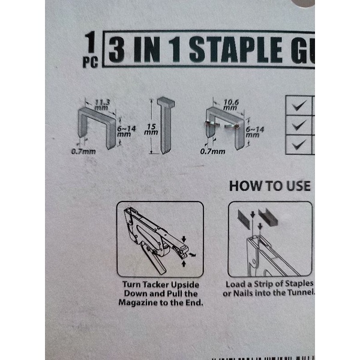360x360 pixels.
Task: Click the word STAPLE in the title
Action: coord(236,50)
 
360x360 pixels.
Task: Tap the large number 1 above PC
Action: coord(91,43)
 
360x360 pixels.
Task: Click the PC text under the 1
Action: coord(90,62)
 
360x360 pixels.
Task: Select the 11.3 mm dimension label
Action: coord(102,104)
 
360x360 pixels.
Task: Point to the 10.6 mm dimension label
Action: coord(230,104)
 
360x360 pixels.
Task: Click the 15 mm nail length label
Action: coord(151,129)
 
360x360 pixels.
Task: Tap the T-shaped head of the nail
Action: coord(166,103)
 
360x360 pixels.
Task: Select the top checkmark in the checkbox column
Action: coord(299,106)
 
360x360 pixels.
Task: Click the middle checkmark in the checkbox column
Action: coord(299,125)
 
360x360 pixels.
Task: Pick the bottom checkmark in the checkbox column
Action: coord(299,145)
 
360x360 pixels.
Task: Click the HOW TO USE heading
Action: coord(270,186)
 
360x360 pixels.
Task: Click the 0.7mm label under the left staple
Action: coord(83,152)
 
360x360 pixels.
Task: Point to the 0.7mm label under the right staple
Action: coord(212,152)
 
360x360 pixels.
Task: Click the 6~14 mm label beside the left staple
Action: coord(126,131)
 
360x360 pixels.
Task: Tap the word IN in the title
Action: coord(147,50)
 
